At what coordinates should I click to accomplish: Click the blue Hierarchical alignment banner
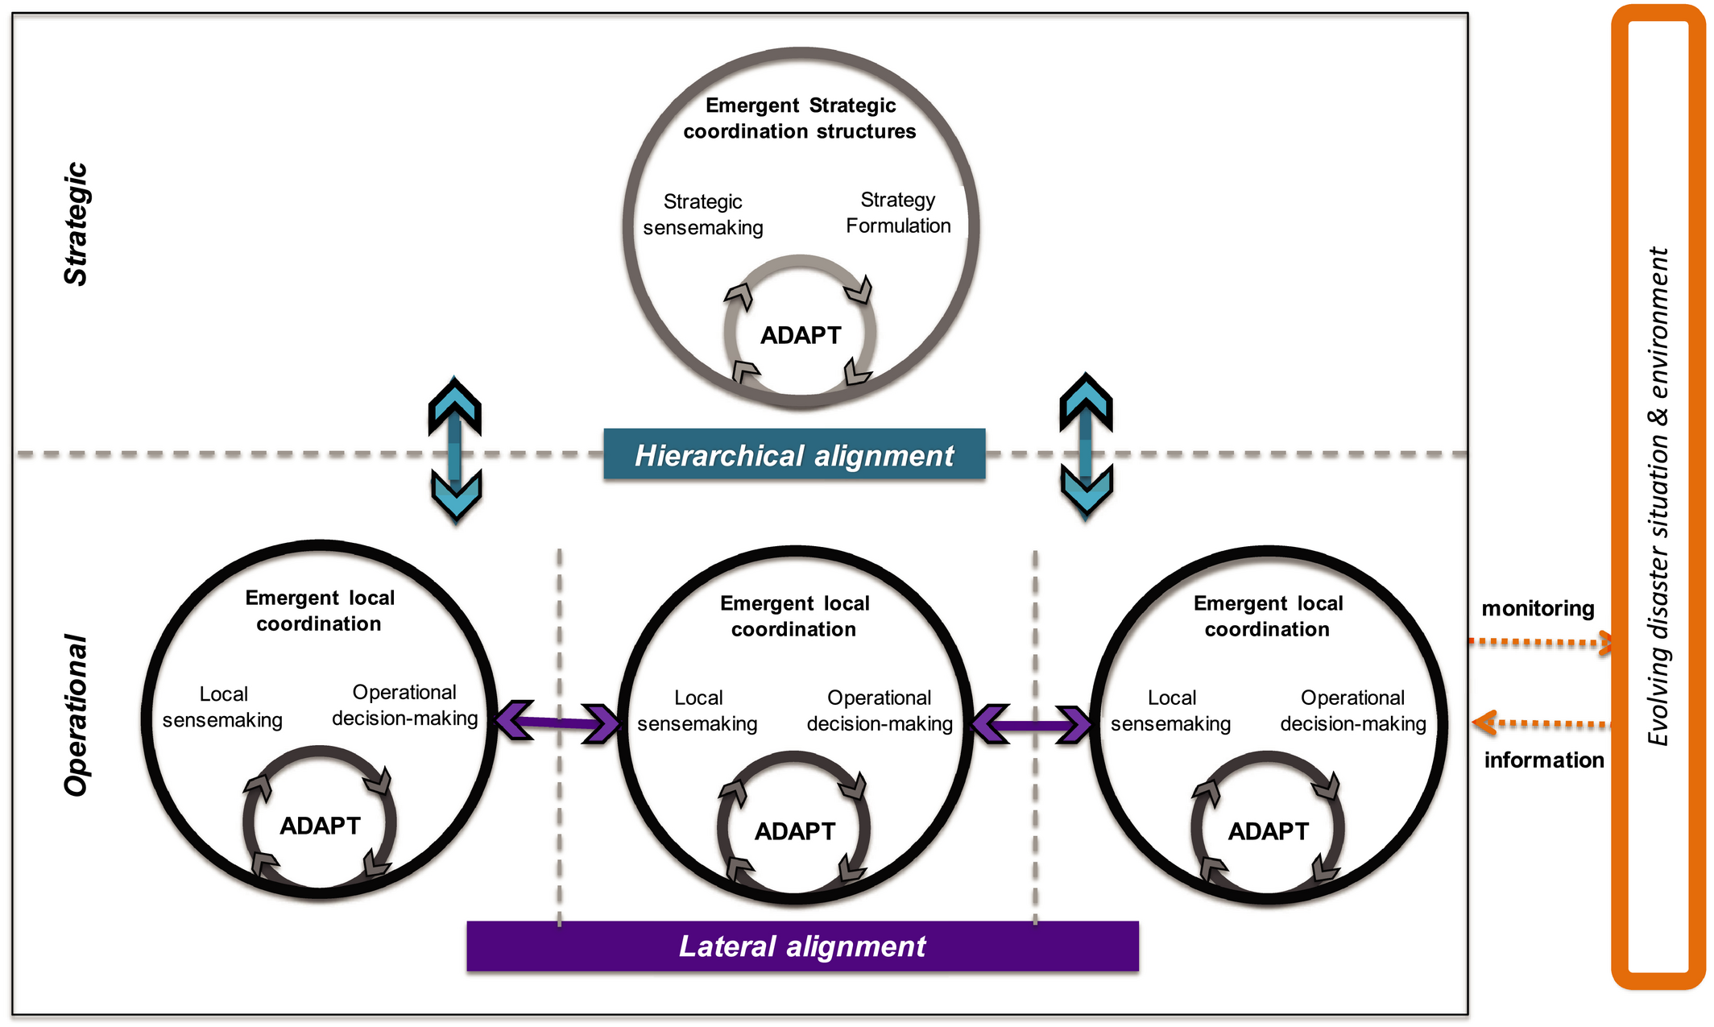(794, 454)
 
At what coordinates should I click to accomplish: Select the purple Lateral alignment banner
(802, 946)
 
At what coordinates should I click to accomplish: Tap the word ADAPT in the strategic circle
(801, 335)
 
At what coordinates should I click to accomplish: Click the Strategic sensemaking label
(703, 214)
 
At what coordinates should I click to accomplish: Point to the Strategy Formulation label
(898, 213)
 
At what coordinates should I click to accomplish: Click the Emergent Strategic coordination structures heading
(800, 118)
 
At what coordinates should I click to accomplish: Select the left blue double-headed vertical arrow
(455, 449)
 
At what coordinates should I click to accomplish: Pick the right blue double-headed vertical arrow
(1086, 446)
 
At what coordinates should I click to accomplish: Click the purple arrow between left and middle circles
(557, 722)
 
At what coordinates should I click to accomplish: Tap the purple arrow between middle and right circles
(1032, 725)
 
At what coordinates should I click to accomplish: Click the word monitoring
(1538, 608)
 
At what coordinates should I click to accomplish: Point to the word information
(1544, 760)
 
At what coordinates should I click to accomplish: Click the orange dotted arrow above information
(1542, 723)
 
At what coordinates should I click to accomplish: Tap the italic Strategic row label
(77, 224)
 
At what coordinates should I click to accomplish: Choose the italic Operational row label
(77, 715)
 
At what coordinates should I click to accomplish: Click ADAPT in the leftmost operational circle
(320, 826)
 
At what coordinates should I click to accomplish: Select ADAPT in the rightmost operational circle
(1269, 831)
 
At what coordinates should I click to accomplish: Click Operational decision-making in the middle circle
(880, 710)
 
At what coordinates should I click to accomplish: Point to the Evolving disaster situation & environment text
(1658, 496)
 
